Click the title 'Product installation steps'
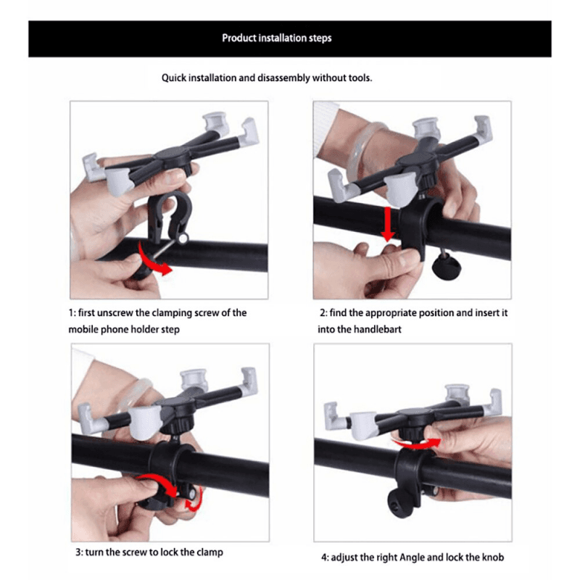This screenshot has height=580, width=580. click(x=276, y=38)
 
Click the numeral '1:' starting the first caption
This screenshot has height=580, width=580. click(x=72, y=313)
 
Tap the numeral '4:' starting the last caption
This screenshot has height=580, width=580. click(x=325, y=558)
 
